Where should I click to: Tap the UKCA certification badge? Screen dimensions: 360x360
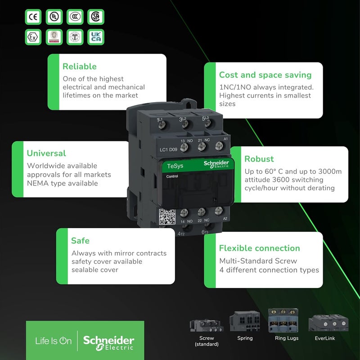(x=96, y=36)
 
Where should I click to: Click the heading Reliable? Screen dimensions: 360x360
(x=79, y=67)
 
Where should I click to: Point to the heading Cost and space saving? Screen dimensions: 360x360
(x=265, y=75)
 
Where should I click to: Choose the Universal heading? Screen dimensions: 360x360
(x=46, y=153)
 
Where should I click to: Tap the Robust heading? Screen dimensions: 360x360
(x=259, y=159)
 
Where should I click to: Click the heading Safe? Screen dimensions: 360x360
(x=80, y=241)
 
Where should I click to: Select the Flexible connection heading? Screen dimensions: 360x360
(x=259, y=248)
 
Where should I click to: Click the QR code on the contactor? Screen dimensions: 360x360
(x=167, y=217)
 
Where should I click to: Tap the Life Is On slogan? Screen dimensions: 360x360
(x=53, y=341)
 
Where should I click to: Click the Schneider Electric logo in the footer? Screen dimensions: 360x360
(x=108, y=341)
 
